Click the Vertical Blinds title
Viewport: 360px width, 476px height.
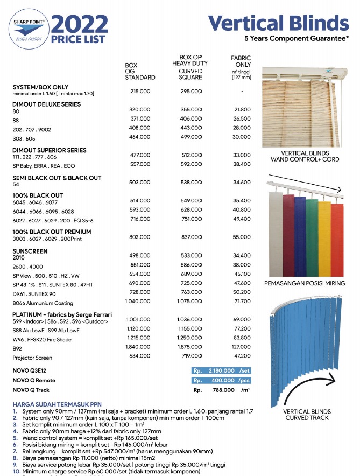tap(278, 23)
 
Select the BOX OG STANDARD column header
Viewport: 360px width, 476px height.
tap(140, 71)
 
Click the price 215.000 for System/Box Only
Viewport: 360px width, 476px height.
tap(140, 92)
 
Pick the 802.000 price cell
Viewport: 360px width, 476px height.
tap(140, 236)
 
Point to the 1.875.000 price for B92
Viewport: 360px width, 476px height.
tap(191, 347)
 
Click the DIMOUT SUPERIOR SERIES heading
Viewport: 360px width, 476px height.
tap(50, 150)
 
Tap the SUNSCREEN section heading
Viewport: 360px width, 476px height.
tap(30, 251)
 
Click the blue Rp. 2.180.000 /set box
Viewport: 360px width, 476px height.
tap(221, 370)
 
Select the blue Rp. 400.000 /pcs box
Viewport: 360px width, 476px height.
tap(221, 380)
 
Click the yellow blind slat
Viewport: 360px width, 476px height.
tap(324, 237)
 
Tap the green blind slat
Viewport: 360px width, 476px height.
tap(312, 234)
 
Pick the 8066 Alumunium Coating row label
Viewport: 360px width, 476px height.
tap(43, 303)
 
